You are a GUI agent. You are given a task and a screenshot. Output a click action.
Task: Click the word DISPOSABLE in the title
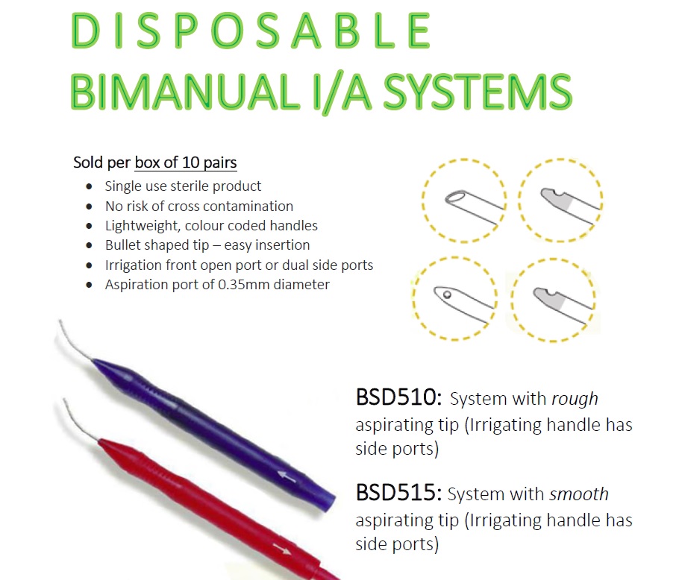(x=251, y=31)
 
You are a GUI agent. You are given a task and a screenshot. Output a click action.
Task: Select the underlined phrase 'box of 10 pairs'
(x=186, y=163)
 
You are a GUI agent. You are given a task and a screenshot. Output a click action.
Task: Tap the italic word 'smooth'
(x=579, y=494)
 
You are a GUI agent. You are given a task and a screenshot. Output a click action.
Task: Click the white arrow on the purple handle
(x=287, y=476)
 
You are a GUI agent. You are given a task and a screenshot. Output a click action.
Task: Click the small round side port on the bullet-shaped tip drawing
(x=447, y=295)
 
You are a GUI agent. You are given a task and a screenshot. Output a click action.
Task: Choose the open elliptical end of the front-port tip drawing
(x=455, y=198)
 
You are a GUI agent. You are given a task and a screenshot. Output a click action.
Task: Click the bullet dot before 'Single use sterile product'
(x=89, y=187)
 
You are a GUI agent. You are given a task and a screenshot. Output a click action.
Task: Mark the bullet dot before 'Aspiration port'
(x=89, y=286)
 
